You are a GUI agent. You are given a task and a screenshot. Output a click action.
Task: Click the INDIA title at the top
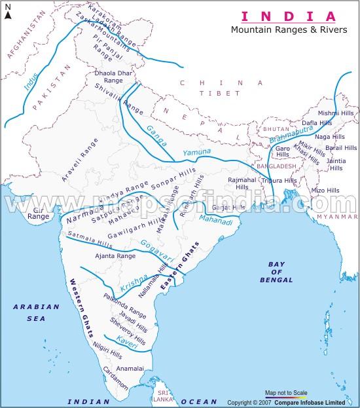pyautogui.click(x=289, y=16)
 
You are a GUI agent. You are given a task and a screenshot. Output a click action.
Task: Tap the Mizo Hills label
pyautogui.click(x=325, y=190)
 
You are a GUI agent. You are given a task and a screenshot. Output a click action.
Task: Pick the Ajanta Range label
pyautogui.click(x=115, y=256)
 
